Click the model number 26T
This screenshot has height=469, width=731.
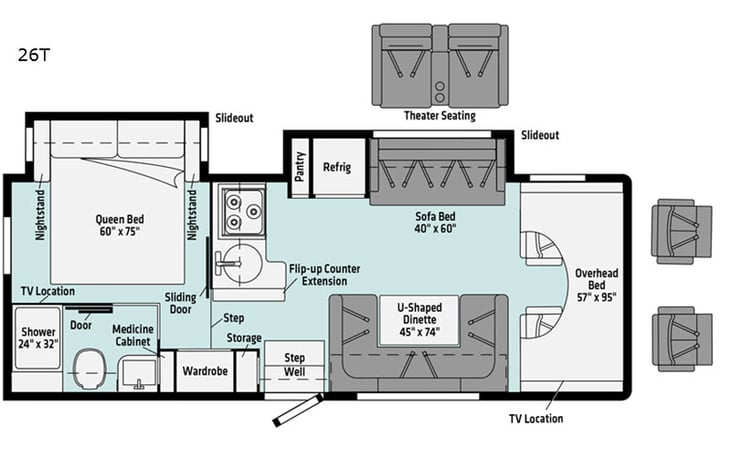[33, 55]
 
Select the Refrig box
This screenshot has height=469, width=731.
[337, 167]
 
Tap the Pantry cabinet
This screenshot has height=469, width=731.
[300, 166]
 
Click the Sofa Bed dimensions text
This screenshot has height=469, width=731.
[436, 228]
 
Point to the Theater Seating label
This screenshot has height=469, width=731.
[439, 116]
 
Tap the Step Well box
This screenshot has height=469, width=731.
[295, 365]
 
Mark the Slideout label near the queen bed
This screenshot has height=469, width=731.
[234, 118]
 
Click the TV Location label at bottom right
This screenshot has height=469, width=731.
[535, 418]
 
